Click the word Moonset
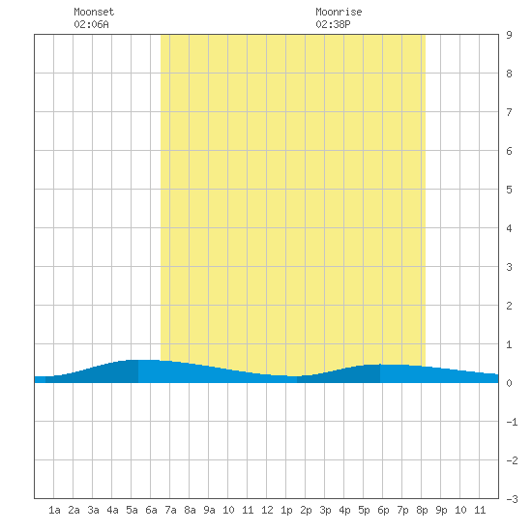pyautogui.click(x=94, y=12)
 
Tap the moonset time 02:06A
pyautogui.click(x=91, y=24)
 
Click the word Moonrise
pyautogui.click(x=339, y=12)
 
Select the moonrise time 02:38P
pyautogui.click(x=333, y=24)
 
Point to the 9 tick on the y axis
pyautogui.click(x=509, y=35)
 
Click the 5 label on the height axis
pyautogui.click(x=509, y=190)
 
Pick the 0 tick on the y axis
pyautogui.click(x=509, y=383)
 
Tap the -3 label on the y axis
pyautogui.click(x=512, y=499)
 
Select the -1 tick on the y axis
pyautogui.click(x=512, y=422)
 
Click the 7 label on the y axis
pyautogui.click(x=509, y=112)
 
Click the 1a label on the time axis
pyautogui.click(x=54, y=510)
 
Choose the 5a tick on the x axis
pyautogui.click(x=132, y=510)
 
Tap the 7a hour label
pyautogui.click(x=170, y=510)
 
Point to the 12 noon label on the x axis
pyautogui.click(x=267, y=510)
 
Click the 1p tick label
pyautogui.click(x=286, y=510)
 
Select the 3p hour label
pyautogui.click(x=325, y=510)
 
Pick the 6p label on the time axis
pyautogui.click(x=383, y=510)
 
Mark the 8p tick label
pyautogui.click(x=422, y=510)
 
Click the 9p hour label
pyautogui.click(x=441, y=510)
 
